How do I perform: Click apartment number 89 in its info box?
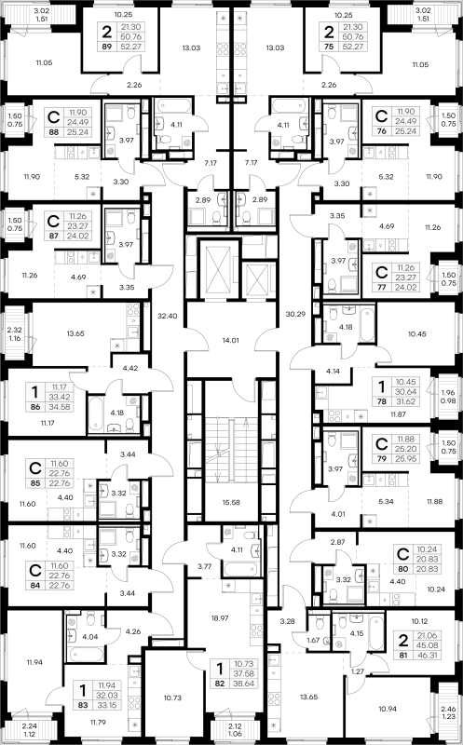coord(106,47)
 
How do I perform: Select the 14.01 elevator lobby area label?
coord(230,340)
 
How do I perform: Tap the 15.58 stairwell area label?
coord(231,502)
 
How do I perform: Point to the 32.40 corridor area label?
coord(168,316)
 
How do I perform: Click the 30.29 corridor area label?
coord(295,314)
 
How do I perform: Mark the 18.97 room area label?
coord(220,618)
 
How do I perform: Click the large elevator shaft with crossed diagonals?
coord(219,269)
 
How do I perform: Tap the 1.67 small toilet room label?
coord(313,640)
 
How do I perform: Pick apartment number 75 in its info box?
coord(329,47)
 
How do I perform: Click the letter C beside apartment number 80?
coord(403,554)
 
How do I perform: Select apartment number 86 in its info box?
coord(34,407)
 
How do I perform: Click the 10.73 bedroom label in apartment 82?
coord(172,698)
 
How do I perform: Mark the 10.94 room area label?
coord(388,709)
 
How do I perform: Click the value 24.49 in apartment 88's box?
coord(78,122)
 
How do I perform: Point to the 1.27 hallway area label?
coord(358,670)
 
